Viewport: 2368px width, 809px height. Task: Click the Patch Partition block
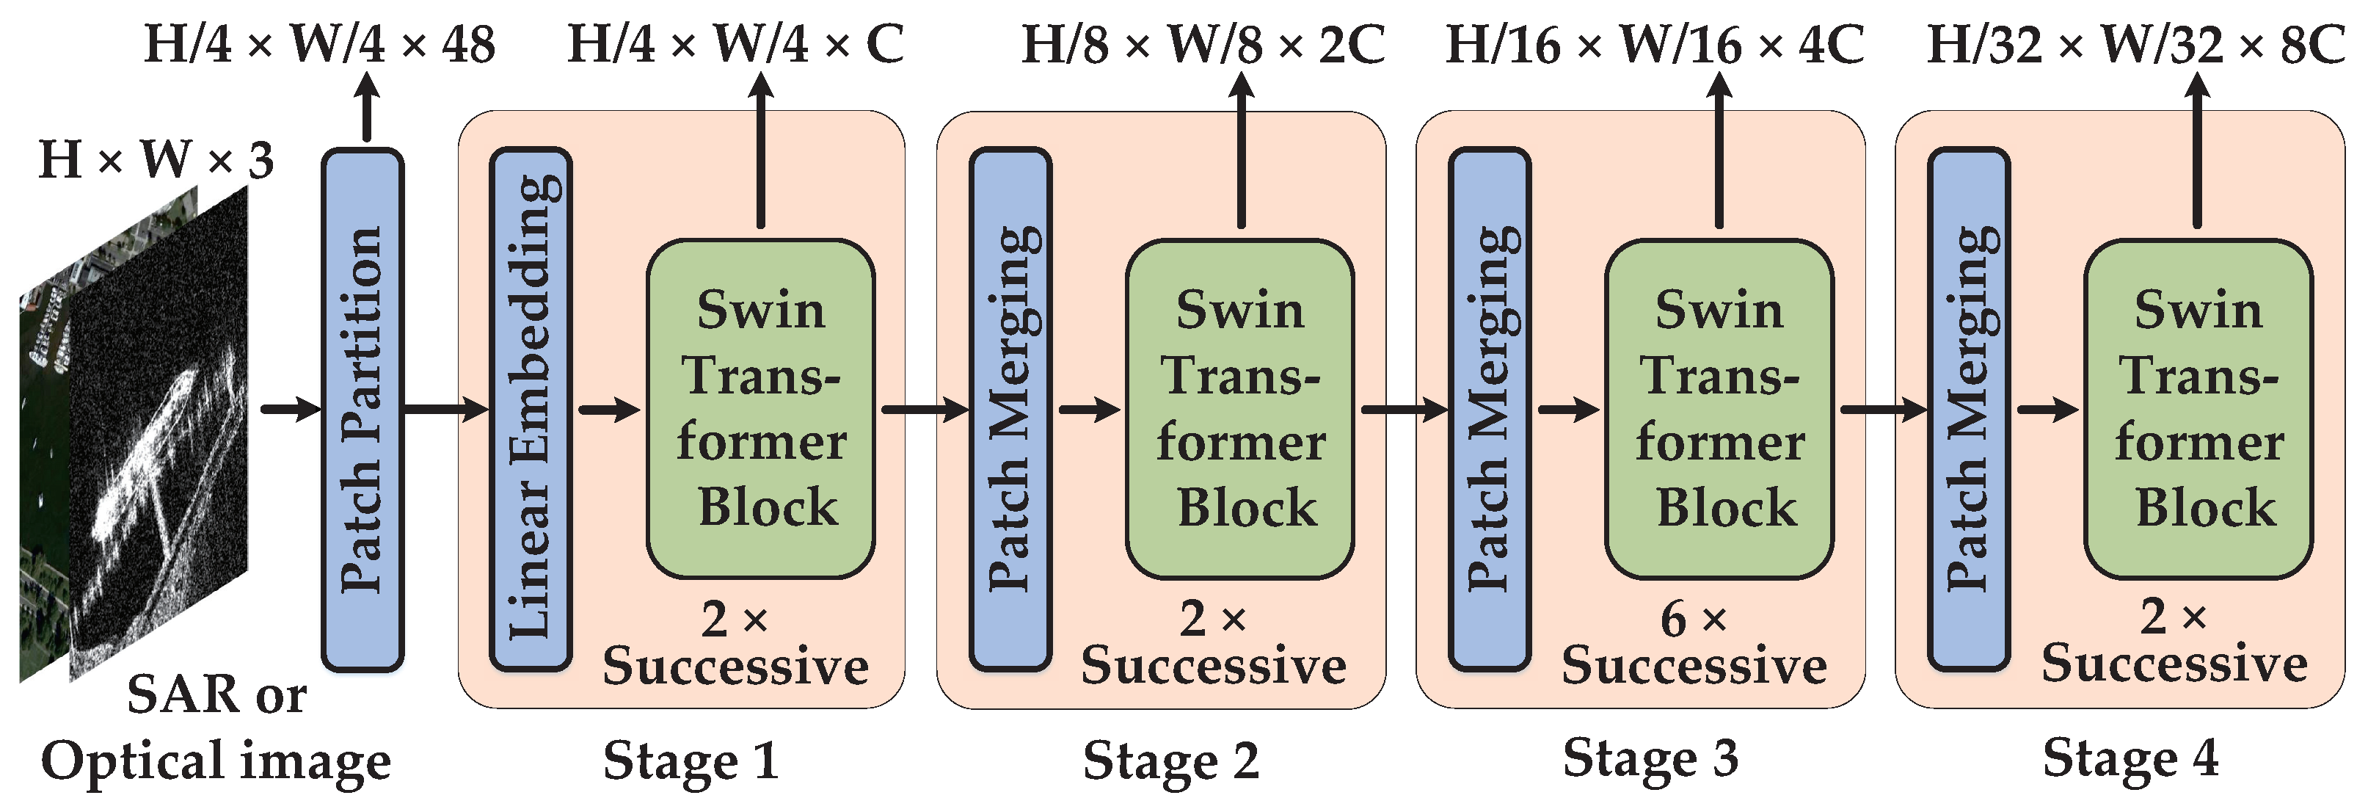point(363,409)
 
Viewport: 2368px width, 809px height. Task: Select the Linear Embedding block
point(531,409)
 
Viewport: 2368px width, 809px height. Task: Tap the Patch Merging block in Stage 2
point(1010,409)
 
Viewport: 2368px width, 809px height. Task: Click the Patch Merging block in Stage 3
point(1489,409)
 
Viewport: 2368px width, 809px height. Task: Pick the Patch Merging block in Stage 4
point(1968,409)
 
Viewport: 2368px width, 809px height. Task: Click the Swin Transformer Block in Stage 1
point(760,409)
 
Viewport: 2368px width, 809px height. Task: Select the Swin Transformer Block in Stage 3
point(1719,409)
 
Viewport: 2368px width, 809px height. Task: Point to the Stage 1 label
point(691,761)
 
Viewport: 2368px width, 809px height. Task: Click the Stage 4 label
point(2130,759)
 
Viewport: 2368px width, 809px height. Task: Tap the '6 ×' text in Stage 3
point(1694,619)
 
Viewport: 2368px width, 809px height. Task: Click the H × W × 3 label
point(156,160)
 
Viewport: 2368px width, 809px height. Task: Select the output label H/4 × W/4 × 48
point(320,43)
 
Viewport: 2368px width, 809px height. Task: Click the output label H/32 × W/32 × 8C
point(2135,43)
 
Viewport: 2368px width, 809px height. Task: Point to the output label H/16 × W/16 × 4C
point(1655,43)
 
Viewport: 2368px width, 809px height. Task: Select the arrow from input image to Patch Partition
point(291,409)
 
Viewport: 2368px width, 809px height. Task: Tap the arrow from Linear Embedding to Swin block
point(608,409)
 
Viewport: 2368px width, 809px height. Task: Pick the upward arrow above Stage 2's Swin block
point(1241,152)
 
